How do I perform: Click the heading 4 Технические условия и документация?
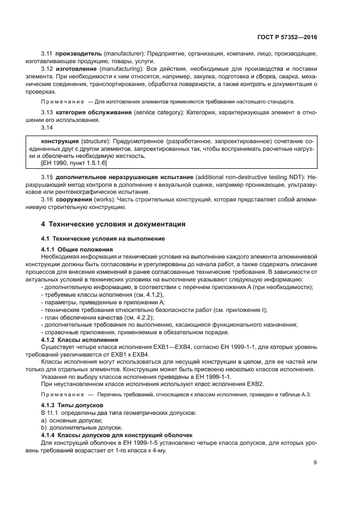point(114,224)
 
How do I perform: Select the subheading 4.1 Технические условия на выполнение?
point(103,239)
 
